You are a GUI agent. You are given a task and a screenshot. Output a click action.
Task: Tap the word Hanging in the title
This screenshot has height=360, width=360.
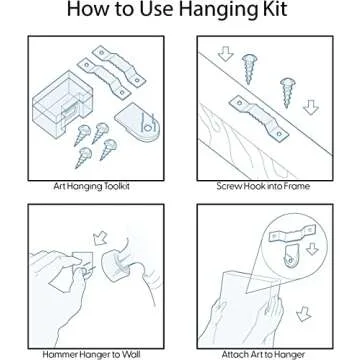click(x=216, y=11)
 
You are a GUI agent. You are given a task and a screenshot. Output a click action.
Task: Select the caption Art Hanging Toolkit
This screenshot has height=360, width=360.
click(x=92, y=186)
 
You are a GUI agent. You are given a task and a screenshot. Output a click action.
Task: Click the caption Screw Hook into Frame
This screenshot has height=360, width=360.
click(x=263, y=186)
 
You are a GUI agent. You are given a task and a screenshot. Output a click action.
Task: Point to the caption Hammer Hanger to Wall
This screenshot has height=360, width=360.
click(x=91, y=354)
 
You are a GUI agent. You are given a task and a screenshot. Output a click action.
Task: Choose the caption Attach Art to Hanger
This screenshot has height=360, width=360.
click(x=263, y=354)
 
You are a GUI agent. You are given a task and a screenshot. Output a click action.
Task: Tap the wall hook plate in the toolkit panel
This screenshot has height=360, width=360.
click(x=137, y=121)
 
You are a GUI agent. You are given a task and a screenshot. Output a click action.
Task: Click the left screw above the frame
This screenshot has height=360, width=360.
click(x=249, y=69)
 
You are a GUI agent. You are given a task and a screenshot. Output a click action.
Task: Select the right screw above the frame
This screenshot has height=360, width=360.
click(x=287, y=92)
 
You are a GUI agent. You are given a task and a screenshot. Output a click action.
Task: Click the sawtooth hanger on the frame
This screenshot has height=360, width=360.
click(x=259, y=117)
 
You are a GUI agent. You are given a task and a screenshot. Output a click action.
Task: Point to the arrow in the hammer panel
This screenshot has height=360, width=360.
click(x=100, y=238)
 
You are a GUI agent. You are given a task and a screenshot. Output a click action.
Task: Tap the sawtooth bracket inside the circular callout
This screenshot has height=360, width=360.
click(x=292, y=233)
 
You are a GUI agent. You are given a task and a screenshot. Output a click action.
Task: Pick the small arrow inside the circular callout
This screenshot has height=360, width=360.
click(x=312, y=249)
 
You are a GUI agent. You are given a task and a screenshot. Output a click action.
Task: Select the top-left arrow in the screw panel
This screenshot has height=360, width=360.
click(x=226, y=54)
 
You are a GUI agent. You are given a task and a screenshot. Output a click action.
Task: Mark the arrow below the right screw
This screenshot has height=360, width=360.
click(x=311, y=107)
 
